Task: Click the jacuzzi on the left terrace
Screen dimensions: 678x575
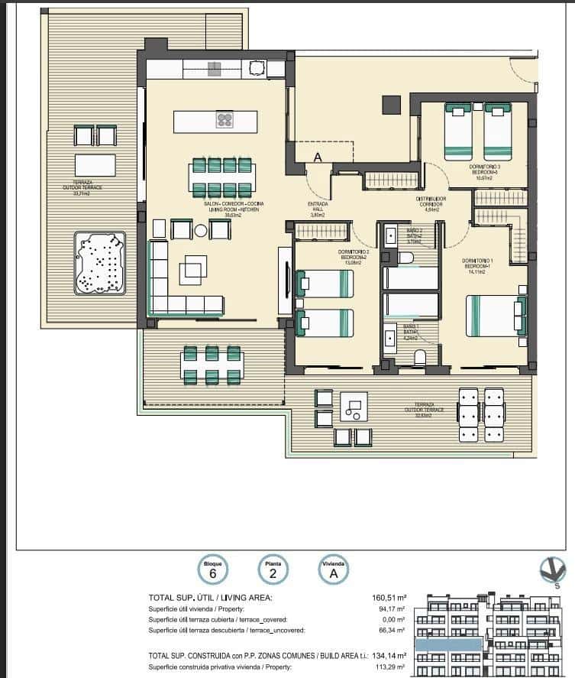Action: pos(99,264)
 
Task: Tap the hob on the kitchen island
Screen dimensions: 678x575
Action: pos(225,119)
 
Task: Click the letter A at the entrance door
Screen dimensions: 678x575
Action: pos(317,157)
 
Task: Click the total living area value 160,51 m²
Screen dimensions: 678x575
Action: pos(389,598)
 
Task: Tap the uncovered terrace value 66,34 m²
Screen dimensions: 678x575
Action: pos(391,631)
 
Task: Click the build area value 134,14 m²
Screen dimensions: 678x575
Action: pos(389,656)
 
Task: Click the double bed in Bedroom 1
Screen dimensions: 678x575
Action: pos(496,316)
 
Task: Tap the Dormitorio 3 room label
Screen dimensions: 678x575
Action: pos(485,168)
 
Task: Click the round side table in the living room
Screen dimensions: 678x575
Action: pos(201,230)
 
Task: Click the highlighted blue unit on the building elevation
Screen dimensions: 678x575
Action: pos(448,646)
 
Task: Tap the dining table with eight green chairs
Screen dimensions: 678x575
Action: pos(223,177)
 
